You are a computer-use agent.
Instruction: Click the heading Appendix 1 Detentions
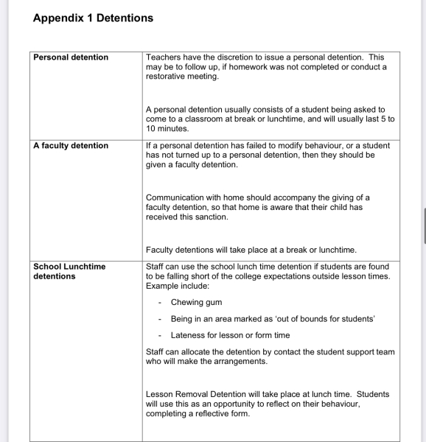pyautogui.click(x=93, y=18)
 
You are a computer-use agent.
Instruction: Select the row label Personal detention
pyautogui.click(x=71, y=57)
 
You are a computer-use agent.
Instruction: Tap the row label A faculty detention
pyautogui.click(x=71, y=146)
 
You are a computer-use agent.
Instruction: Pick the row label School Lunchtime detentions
pyautogui.click(x=69, y=271)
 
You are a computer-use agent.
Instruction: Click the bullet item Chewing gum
pyautogui.click(x=196, y=302)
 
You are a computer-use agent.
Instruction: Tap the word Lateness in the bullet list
pyautogui.click(x=188, y=335)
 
